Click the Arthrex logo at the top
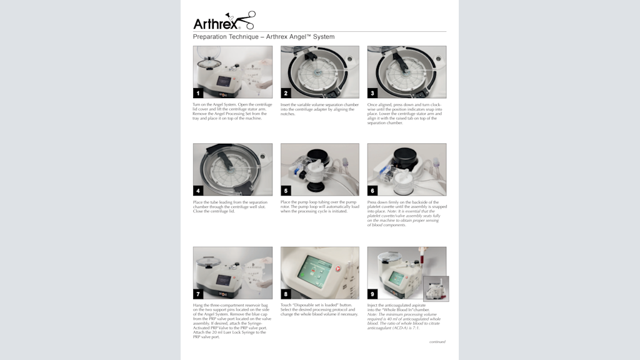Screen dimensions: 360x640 (223, 21)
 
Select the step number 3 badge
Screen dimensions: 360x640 (373, 92)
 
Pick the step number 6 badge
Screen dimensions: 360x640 (373, 191)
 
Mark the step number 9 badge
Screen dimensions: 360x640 (373, 294)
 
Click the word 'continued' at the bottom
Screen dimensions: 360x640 (437, 342)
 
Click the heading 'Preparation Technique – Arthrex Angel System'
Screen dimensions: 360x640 (264, 37)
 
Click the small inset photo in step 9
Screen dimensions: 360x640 (436, 289)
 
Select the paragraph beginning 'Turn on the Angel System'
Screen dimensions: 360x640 (231, 111)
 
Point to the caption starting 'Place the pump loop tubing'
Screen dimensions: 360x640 (319, 207)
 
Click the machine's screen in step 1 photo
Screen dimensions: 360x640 (223, 81)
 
